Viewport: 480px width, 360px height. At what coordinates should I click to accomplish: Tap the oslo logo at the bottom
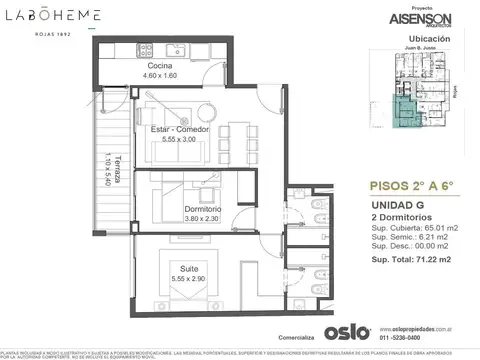pyautogui.click(x=347, y=329)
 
